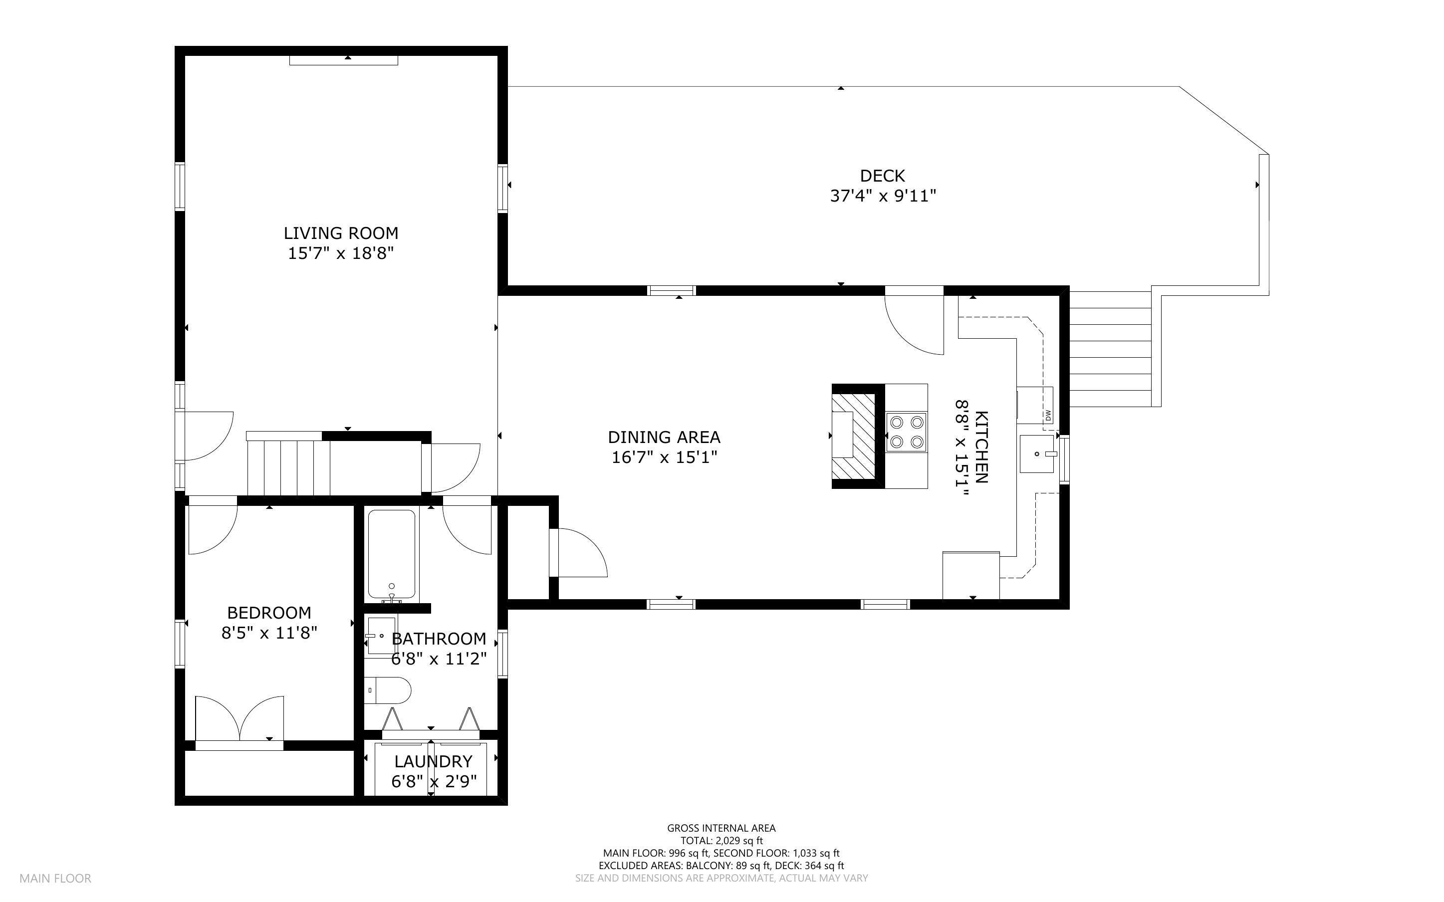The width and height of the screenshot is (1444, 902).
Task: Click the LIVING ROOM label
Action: tap(341, 233)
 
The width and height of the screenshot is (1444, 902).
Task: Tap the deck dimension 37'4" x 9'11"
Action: tap(882, 196)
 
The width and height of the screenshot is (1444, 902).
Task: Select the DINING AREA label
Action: tap(664, 437)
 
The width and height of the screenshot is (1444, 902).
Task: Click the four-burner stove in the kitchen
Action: tap(906, 432)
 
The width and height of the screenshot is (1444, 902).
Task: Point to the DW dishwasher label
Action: tap(1048, 415)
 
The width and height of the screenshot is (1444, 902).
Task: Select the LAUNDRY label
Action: tap(433, 761)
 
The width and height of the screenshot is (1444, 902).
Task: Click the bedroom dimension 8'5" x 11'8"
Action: tap(269, 633)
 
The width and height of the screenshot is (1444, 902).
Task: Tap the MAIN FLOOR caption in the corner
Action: tap(55, 878)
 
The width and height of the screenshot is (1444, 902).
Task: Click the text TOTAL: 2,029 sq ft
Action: tap(721, 841)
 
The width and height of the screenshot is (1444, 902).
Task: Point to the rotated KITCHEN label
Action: tap(981, 447)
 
